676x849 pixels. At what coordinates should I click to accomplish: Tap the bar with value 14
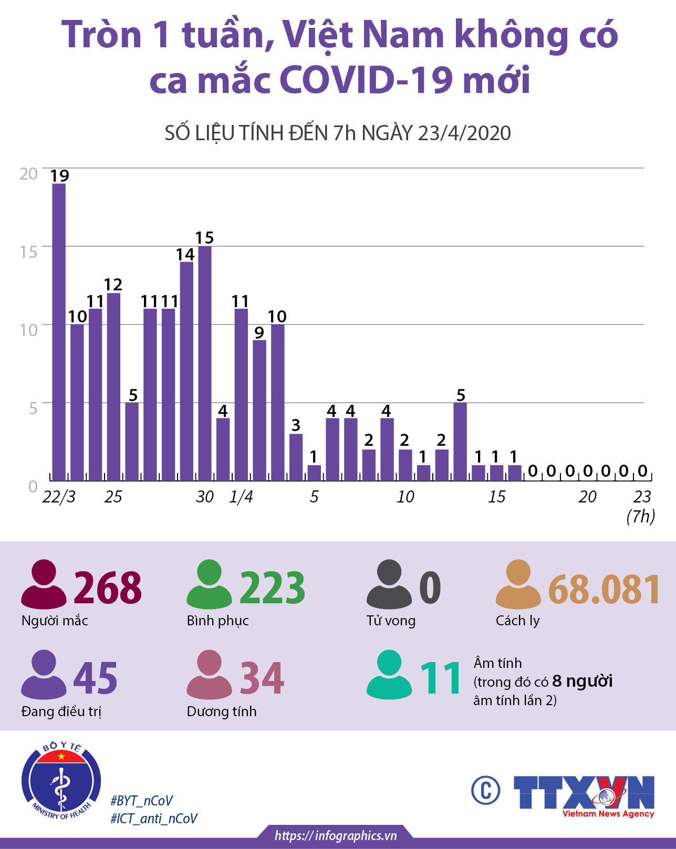[x=186, y=371]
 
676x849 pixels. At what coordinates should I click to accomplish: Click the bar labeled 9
[x=259, y=410]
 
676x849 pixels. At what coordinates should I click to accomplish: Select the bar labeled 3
[x=296, y=457]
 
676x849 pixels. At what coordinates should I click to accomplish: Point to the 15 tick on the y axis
[x=28, y=252]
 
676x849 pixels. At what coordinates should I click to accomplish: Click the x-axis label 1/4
[x=241, y=497]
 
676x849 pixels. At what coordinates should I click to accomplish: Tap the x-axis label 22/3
[x=59, y=497]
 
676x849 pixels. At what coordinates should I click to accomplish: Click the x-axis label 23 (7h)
[x=641, y=506]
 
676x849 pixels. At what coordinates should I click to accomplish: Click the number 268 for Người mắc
[x=108, y=588]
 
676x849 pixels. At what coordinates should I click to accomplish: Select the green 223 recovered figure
[x=272, y=588]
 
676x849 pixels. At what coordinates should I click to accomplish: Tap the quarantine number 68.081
[x=604, y=589]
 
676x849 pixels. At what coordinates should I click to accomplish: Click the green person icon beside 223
[x=209, y=584]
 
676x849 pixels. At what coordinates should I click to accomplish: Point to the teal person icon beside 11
[x=389, y=675]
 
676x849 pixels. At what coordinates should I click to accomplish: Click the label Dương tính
[x=222, y=711]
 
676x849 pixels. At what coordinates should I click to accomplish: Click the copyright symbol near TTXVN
[x=485, y=790]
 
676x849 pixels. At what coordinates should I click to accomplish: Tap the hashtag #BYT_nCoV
[x=141, y=801]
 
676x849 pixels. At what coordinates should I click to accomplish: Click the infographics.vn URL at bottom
[x=336, y=835]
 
